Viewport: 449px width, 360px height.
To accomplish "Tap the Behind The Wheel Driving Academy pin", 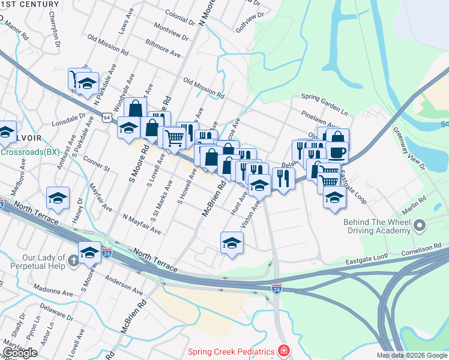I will pyautogui.click(x=420, y=227).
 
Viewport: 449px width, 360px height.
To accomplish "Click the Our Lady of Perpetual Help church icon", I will pyautogui.click(x=73, y=260).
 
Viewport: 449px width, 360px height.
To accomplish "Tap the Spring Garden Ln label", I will pyautogui.click(x=324, y=96).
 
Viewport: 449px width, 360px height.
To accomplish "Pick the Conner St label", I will pyautogui.click(x=97, y=165).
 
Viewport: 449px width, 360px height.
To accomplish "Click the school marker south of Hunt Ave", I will pyautogui.click(x=232, y=243).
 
